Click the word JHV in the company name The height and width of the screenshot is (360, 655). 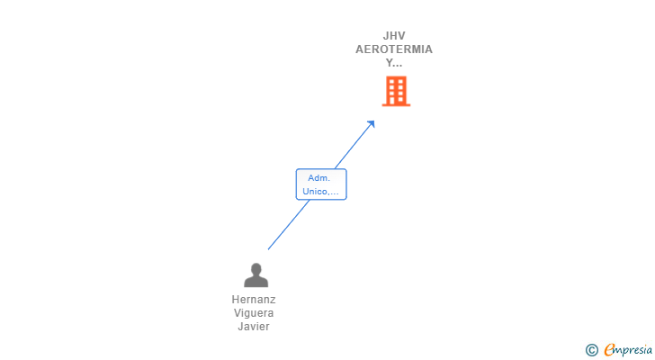[394, 36]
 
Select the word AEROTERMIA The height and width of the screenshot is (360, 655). [394, 49]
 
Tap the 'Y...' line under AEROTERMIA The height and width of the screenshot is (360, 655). [394, 63]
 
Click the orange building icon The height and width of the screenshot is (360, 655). [396, 90]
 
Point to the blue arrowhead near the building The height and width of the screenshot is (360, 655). [371, 123]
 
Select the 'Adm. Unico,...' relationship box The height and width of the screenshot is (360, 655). [321, 184]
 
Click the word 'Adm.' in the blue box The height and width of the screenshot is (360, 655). [321, 178]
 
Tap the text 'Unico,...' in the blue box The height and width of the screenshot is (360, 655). [321, 191]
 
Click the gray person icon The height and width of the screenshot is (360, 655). [256, 274]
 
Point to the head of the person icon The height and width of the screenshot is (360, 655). [256, 268]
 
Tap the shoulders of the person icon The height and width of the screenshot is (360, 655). [256, 282]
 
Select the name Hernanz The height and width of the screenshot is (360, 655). [254, 300]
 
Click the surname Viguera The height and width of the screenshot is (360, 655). [254, 313]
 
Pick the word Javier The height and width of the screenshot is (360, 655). [254, 327]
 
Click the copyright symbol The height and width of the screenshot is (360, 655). [591, 350]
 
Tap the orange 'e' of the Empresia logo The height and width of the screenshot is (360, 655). [609, 350]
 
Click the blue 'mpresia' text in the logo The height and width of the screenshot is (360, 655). [632, 350]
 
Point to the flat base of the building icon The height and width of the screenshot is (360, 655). [396, 104]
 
